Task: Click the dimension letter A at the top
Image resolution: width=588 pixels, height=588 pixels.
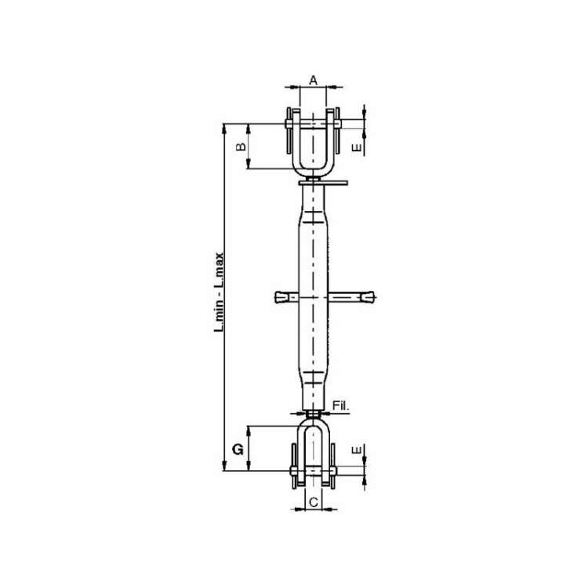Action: [313, 80]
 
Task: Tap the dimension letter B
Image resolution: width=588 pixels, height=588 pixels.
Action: [241, 146]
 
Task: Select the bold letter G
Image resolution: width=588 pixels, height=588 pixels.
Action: [238, 449]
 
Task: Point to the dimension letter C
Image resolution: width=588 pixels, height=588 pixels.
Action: [314, 502]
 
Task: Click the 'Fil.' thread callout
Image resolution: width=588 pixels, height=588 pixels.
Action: [341, 405]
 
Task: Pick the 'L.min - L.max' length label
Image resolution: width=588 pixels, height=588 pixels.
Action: [219, 292]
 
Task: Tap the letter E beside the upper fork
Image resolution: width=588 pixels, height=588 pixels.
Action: [357, 147]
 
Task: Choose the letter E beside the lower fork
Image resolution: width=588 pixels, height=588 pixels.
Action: [357, 450]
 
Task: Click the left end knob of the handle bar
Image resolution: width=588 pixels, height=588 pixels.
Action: [281, 297]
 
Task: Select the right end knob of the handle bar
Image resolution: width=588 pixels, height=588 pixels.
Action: [368, 297]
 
